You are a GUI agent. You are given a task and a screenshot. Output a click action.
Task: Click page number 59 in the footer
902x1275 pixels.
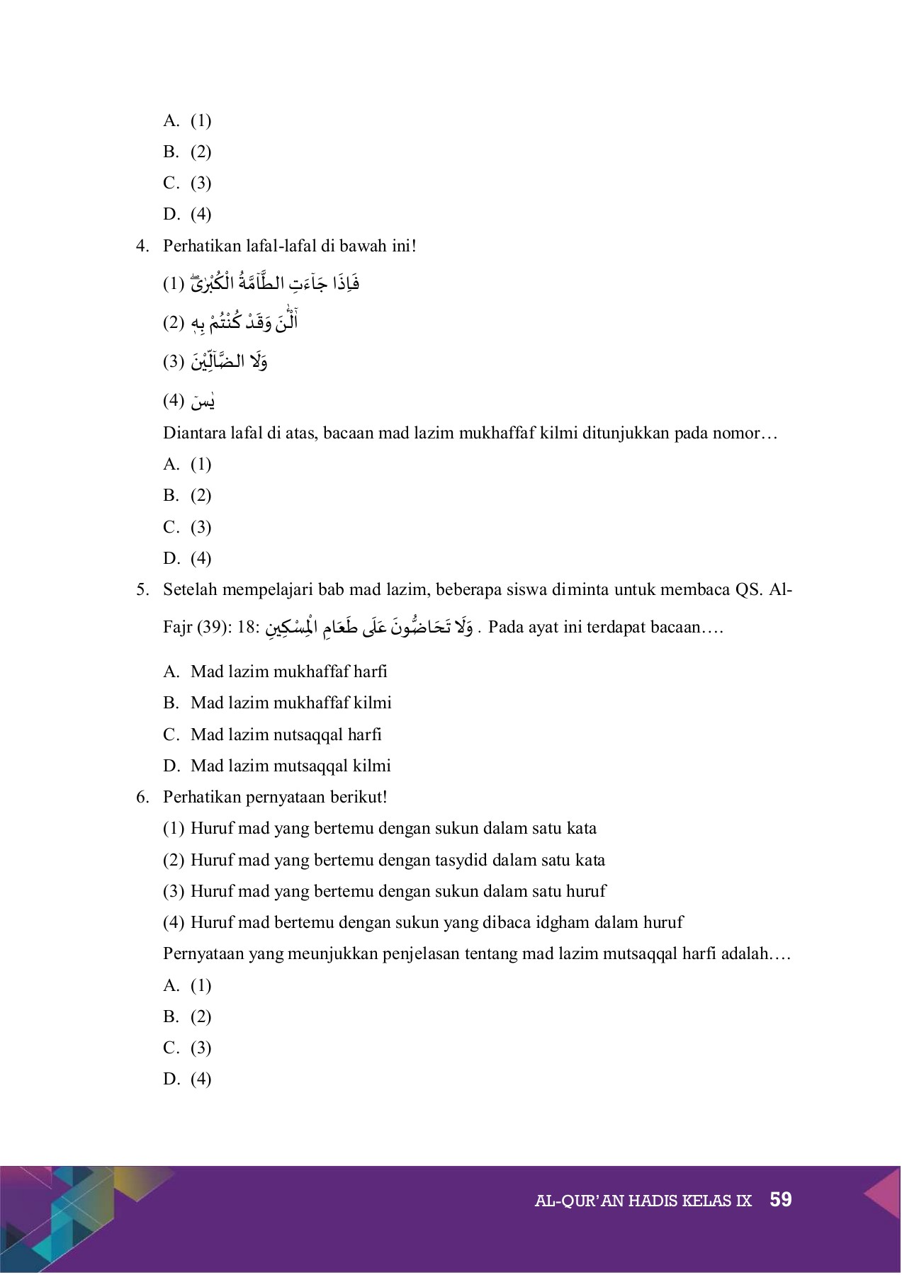click(780, 1200)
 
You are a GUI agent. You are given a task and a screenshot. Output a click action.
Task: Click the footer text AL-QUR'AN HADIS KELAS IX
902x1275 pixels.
click(642, 1201)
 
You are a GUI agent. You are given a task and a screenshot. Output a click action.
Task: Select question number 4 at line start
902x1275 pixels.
click(142, 246)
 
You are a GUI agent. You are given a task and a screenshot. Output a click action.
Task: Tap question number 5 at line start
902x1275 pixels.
click(142, 589)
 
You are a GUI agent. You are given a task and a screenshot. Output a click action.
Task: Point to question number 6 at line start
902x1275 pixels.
click(142, 797)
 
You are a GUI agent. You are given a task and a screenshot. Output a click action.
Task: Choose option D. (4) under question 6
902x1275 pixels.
click(187, 1079)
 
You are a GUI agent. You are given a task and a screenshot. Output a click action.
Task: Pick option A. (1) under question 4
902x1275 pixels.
click(187, 464)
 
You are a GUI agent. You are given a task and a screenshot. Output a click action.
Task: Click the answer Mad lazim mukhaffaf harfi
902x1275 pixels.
click(288, 671)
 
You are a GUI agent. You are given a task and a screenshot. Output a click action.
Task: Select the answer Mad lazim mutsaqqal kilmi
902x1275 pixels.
click(291, 766)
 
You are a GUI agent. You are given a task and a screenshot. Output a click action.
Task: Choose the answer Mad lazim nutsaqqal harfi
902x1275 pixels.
click(286, 735)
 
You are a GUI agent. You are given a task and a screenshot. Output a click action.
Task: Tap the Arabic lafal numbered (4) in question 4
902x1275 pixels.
click(202, 402)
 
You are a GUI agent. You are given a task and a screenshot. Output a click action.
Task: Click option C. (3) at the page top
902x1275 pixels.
click(187, 183)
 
